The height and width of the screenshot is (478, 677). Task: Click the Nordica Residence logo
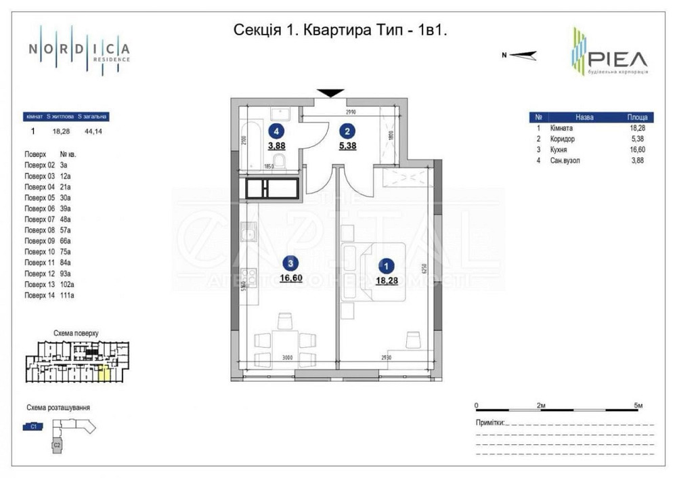pos(79,50)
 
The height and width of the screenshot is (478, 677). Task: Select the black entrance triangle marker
pos(330,93)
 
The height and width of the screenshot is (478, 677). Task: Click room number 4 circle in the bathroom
pos(276,131)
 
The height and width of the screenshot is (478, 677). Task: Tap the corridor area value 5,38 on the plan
pos(347,145)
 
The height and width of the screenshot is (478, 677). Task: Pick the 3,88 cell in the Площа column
pos(637,160)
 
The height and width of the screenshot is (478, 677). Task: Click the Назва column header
pos(584,117)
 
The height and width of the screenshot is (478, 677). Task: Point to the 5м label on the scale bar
pos(638,406)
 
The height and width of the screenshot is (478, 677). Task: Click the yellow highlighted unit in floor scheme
pos(104,372)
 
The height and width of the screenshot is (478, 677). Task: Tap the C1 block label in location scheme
pos(32,427)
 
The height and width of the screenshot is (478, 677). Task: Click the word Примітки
pos(490,422)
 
